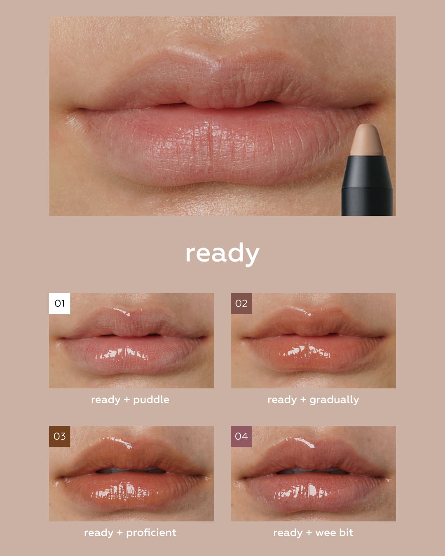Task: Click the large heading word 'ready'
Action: (222, 254)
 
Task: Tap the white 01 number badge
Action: (59, 304)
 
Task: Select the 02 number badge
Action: (241, 304)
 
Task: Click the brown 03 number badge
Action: (59, 437)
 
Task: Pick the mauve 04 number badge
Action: (241, 437)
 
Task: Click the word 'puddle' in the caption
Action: (151, 400)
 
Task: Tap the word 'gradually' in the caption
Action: (334, 400)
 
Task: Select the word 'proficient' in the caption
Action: (151, 533)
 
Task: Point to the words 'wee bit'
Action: (334, 533)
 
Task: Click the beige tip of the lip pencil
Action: (367, 140)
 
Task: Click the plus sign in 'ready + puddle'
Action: (126, 400)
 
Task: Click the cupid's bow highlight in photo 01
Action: (121, 311)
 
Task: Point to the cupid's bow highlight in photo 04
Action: (304, 442)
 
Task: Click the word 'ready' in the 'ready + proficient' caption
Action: (99, 533)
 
